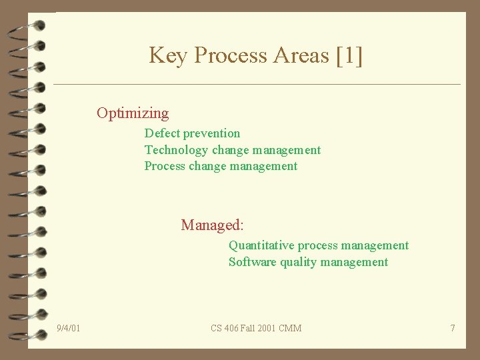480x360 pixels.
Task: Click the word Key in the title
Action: [168, 55]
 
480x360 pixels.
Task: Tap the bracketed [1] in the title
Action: [350, 55]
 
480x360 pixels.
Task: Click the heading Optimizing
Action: [133, 113]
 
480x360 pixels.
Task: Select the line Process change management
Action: [221, 166]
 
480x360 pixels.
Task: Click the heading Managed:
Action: [212, 225]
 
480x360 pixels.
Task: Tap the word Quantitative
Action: [261, 245]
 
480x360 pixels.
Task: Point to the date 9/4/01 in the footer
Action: [69, 328]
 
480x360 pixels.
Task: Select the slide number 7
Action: [453, 328]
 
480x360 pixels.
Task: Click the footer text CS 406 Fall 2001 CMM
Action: [256, 328]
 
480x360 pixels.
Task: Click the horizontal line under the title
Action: [257, 85]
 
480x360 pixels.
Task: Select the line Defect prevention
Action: [192, 133]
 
